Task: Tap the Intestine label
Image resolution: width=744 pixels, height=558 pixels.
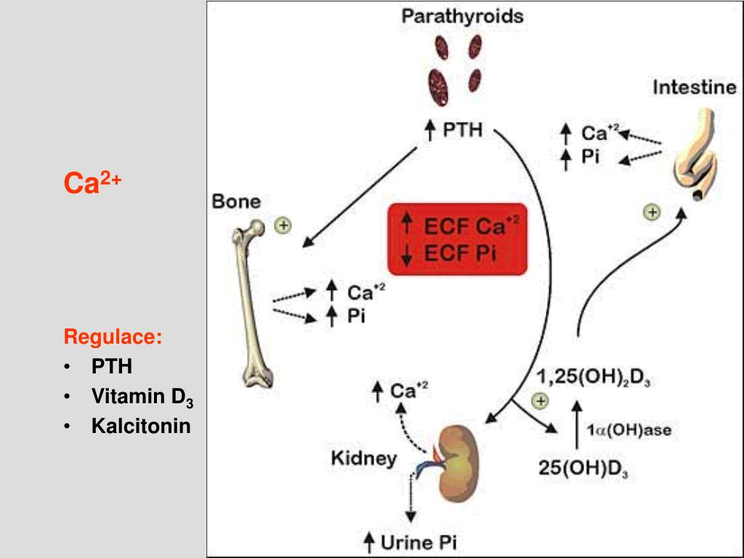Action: click(x=694, y=88)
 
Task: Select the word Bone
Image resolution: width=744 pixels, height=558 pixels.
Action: click(x=236, y=201)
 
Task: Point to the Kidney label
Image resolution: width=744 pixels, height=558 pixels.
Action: click(x=364, y=458)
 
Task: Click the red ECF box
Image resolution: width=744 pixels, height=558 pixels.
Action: click(x=456, y=239)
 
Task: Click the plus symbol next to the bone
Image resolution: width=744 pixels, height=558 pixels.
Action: click(x=282, y=225)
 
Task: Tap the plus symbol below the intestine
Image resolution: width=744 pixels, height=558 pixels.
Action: click(x=652, y=212)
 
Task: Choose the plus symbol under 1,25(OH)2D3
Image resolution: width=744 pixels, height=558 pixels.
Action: click(x=540, y=400)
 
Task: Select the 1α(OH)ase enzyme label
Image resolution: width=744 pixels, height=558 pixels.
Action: click(x=630, y=429)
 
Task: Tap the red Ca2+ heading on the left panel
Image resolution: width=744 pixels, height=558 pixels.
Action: click(x=92, y=183)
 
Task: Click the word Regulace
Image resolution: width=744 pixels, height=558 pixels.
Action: click(x=113, y=337)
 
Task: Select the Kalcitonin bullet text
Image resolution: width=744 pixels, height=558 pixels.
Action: click(x=141, y=426)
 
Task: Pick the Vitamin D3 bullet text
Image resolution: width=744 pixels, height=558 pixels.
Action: click(x=142, y=397)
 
